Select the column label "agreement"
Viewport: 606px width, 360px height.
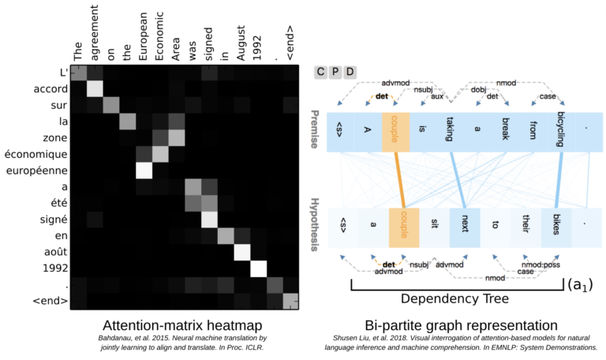[x=95, y=39]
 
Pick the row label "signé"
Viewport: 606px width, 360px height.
[x=45, y=219]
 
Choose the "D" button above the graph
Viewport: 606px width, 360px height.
[x=350, y=73]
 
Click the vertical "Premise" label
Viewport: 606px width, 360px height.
[x=316, y=131]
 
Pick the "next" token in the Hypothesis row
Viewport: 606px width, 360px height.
[x=466, y=223]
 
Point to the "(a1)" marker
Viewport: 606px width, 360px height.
[x=580, y=283]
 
